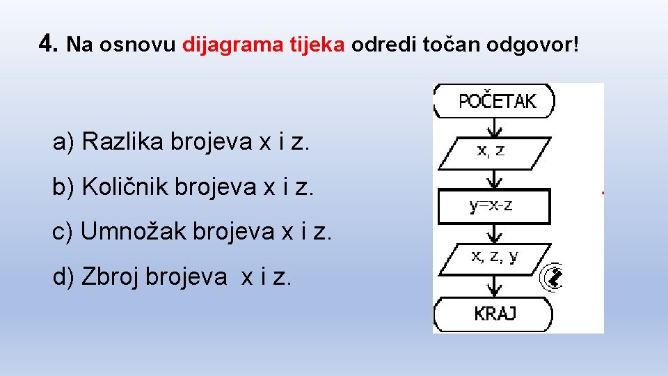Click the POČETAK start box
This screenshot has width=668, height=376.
[x=495, y=101]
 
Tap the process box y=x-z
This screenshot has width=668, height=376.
[x=494, y=206]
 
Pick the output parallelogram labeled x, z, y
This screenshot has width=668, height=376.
[x=494, y=257]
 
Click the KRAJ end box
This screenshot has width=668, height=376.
[x=494, y=314]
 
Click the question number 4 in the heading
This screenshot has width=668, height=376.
[x=47, y=45]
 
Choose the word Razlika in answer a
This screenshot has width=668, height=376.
[x=123, y=142]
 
